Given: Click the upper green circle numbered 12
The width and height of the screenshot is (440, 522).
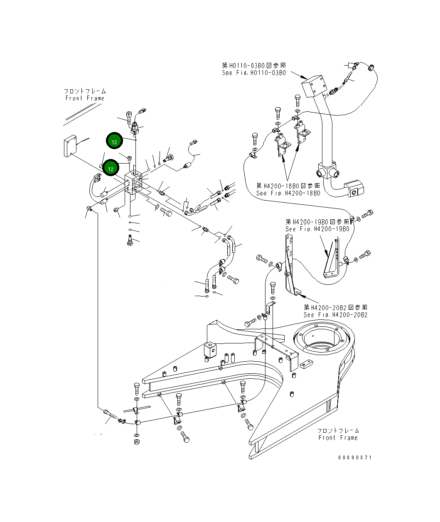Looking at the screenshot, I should point(114,141).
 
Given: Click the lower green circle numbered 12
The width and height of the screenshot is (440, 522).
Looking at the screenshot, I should point(111,168).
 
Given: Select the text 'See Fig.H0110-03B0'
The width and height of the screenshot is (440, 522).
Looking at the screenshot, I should point(253,73).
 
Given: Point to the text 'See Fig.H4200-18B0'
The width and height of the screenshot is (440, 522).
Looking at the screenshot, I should point(288,193).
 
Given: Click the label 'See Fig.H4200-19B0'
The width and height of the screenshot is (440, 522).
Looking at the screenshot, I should point(317,229).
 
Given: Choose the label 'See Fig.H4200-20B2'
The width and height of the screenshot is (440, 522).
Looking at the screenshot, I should point(335,315).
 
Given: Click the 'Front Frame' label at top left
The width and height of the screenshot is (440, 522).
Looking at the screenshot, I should point(85,98).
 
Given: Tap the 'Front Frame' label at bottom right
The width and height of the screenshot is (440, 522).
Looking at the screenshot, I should point(338,438).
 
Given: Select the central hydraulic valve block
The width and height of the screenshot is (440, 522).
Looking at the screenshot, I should point(135,183).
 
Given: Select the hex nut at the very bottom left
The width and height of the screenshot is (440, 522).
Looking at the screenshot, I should point(137,442).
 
